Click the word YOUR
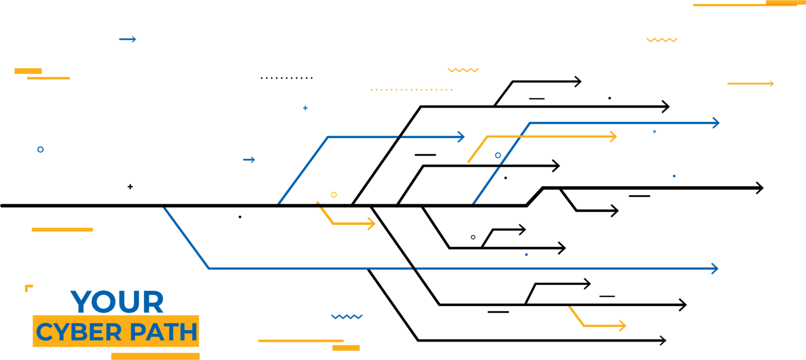(116, 302)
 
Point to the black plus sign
(130, 186)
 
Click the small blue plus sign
(305, 108)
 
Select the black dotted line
(287, 78)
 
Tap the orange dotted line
(411, 90)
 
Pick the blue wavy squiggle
(347, 316)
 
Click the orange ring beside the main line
(334, 195)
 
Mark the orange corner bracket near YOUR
(28, 288)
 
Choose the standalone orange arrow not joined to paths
(750, 83)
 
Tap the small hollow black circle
(473, 237)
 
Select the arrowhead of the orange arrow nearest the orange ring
(374, 224)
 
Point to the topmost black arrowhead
(579, 81)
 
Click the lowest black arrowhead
(663, 341)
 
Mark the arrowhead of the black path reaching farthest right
(761, 188)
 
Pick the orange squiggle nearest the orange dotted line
(463, 70)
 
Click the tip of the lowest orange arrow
(624, 326)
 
